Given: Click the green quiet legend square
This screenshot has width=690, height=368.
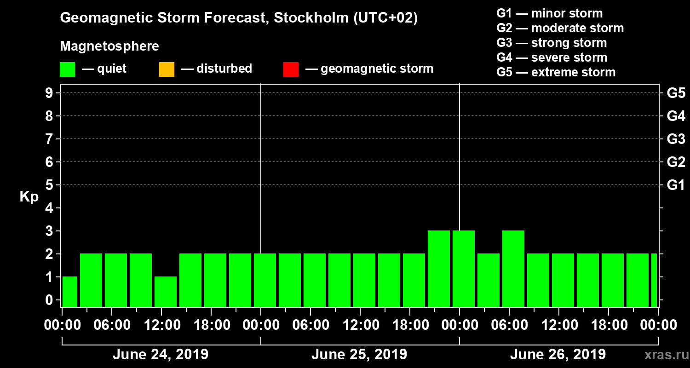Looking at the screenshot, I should click(67, 69).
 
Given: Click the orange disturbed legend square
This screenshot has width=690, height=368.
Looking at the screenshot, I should click(167, 69).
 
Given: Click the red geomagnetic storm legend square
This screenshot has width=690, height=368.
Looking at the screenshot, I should click(291, 69).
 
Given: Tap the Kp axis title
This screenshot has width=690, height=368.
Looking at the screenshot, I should click(29, 197).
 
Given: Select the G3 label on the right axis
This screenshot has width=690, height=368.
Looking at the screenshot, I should click(676, 139).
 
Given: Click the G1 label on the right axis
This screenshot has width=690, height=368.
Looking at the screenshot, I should click(676, 185).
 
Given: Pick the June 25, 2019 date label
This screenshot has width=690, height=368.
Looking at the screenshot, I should click(359, 355).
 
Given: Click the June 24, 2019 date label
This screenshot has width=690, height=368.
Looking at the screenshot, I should click(160, 355).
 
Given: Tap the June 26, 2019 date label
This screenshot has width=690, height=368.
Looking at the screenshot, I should click(558, 355).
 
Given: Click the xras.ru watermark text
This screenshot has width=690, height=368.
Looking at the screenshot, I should click(663, 355).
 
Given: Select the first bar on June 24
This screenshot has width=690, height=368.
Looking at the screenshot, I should click(70, 292).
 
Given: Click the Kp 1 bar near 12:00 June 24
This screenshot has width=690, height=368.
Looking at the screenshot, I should click(166, 292).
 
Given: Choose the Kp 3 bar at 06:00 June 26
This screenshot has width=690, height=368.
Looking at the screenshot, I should click(513, 269).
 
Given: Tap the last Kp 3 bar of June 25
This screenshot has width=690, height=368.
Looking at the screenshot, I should click(439, 269).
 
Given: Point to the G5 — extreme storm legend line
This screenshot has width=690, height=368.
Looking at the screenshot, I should click(556, 72).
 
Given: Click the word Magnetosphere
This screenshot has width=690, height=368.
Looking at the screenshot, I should click(109, 46).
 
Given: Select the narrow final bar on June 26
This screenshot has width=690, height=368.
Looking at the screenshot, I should click(654, 281).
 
